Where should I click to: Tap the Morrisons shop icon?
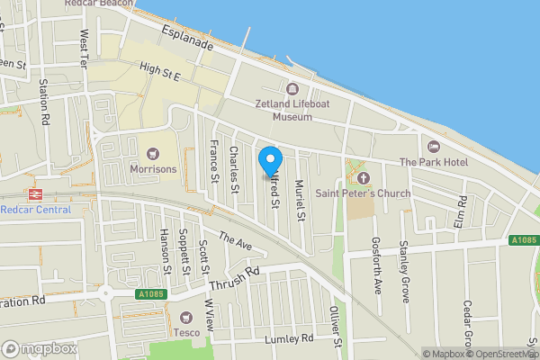pyautogui.click(x=152, y=153)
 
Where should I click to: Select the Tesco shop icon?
pyautogui.click(x=186, y=317)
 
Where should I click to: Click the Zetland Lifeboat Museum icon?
pyautogui.click(x=292, y=88)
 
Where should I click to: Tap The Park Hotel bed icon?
pyautogui.click(x=433, y=147)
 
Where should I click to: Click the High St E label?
pyautogui.click(x=161, y=70)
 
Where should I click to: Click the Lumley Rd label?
pyautogui.click(x=288, y=339)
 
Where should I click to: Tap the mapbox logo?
pyautogui.click(x=40, y=348)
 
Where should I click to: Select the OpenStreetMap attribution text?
pyautogui.click(x=500, y=354)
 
